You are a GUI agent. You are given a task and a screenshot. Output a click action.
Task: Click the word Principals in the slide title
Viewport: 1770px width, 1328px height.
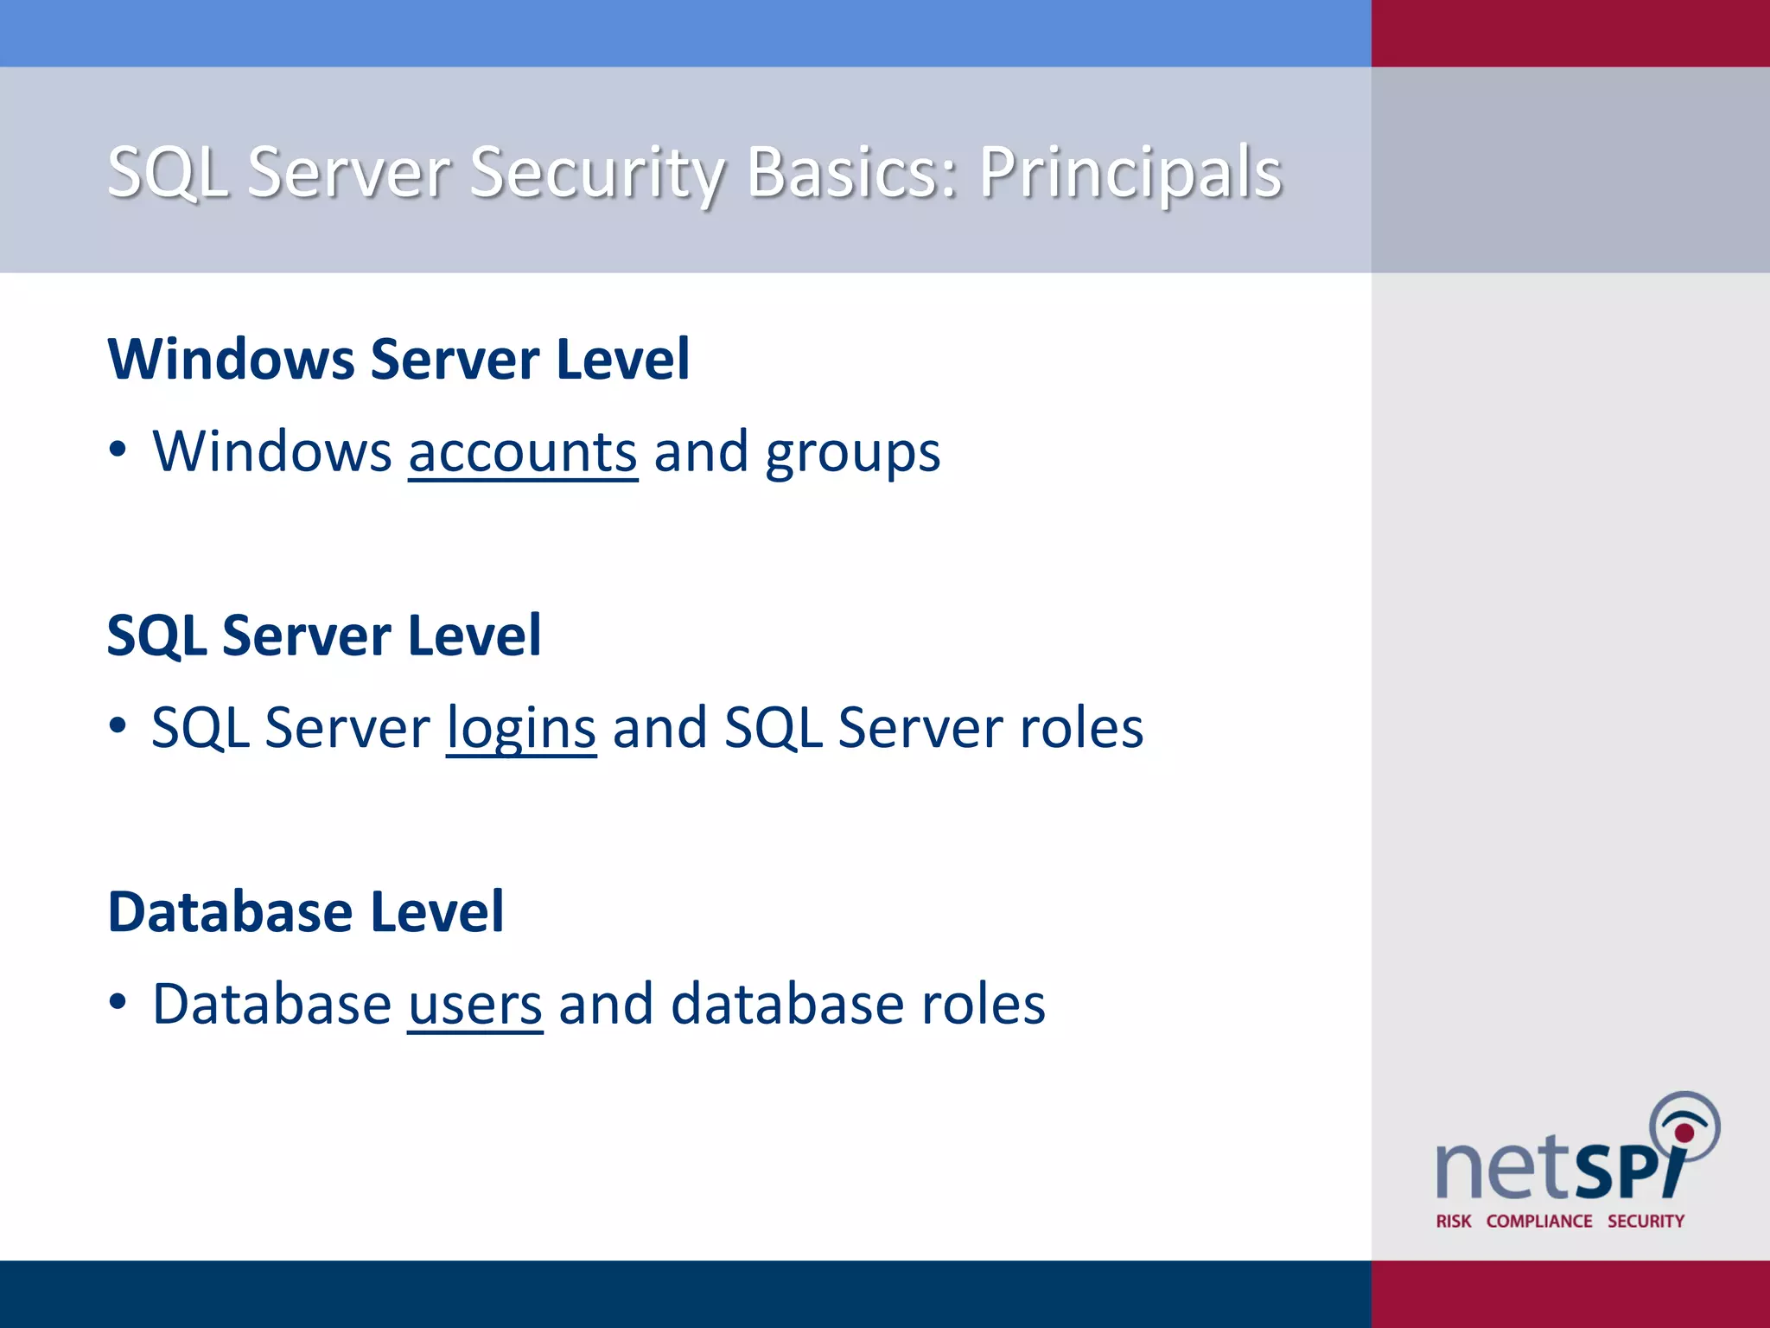point(1130,173)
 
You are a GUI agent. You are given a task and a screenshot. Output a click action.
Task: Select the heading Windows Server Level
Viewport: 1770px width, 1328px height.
point(398,359)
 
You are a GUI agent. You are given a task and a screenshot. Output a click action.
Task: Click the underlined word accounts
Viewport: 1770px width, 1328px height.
point(523,452)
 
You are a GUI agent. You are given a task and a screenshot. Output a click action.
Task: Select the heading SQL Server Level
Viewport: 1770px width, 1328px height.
point(324,635)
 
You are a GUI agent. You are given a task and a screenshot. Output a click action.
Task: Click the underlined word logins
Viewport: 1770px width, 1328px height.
point(521,729)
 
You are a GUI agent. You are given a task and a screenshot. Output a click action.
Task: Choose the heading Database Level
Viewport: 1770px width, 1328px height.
point(306,912)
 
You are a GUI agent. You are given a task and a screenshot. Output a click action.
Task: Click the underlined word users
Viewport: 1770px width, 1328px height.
point(475,1005)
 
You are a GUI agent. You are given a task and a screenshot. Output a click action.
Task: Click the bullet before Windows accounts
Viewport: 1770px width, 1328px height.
point(118,450)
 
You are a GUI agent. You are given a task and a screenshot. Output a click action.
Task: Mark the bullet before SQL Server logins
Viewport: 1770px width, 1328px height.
point(118,725)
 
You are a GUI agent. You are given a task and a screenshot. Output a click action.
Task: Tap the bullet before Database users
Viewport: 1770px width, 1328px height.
point(118,1002)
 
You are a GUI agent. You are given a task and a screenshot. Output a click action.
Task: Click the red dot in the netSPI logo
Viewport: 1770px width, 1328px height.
point(1684,1133)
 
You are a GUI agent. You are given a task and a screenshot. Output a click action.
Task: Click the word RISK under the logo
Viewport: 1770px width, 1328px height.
point(1454,1222)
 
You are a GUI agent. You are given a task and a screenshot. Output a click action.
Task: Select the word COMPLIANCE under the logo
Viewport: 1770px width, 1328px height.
point(1539,1222)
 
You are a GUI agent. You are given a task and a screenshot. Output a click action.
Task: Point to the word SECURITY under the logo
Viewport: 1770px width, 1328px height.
point(1646,1222)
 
